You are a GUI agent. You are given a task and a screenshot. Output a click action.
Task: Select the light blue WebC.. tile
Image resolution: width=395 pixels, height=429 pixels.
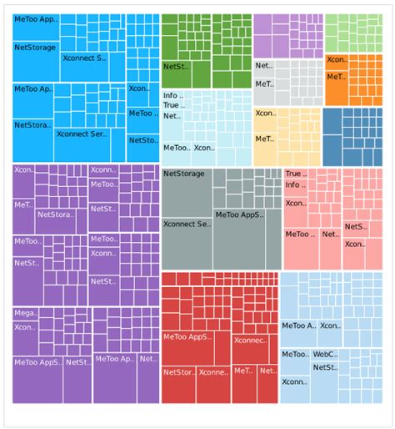(324, 355)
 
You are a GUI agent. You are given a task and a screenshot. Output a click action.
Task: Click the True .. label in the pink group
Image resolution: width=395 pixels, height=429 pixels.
(296, 174)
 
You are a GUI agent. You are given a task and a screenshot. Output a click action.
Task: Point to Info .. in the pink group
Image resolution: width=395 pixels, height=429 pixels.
(296, 185)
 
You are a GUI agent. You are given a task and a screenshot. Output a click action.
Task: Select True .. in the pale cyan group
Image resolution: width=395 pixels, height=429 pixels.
(173, 106)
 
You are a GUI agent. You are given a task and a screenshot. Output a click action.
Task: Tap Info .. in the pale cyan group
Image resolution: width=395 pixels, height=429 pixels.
(173, 96)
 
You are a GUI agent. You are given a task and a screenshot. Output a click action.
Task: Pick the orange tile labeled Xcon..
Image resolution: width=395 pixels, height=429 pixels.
(337, 60)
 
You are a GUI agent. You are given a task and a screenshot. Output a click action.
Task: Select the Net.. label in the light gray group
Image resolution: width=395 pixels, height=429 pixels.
(263, 65)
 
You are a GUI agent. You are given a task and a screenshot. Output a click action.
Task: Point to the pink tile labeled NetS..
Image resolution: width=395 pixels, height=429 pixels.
(354, 227)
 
